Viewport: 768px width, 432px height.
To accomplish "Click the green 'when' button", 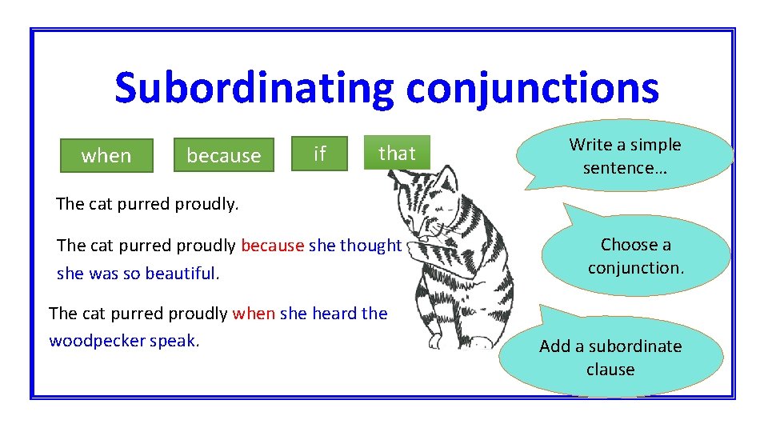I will (106, 155).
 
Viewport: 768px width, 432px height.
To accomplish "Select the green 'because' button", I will (223, 155).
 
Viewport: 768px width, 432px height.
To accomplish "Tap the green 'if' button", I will (320, 153).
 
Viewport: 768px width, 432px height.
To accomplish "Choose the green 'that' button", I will (397, 153).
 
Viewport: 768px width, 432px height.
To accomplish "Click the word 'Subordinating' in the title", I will (254, 89).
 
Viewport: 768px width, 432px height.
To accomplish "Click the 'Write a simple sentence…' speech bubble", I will (625, 156).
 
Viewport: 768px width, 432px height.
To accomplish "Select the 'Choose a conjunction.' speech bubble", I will (636, 256).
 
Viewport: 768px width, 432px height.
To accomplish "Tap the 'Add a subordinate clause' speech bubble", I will (610, 358).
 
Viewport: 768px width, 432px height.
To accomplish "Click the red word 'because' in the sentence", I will (272, 246).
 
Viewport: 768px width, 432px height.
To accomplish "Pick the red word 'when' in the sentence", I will (254, 314).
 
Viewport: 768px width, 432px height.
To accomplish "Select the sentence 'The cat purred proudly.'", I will (147, 204).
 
